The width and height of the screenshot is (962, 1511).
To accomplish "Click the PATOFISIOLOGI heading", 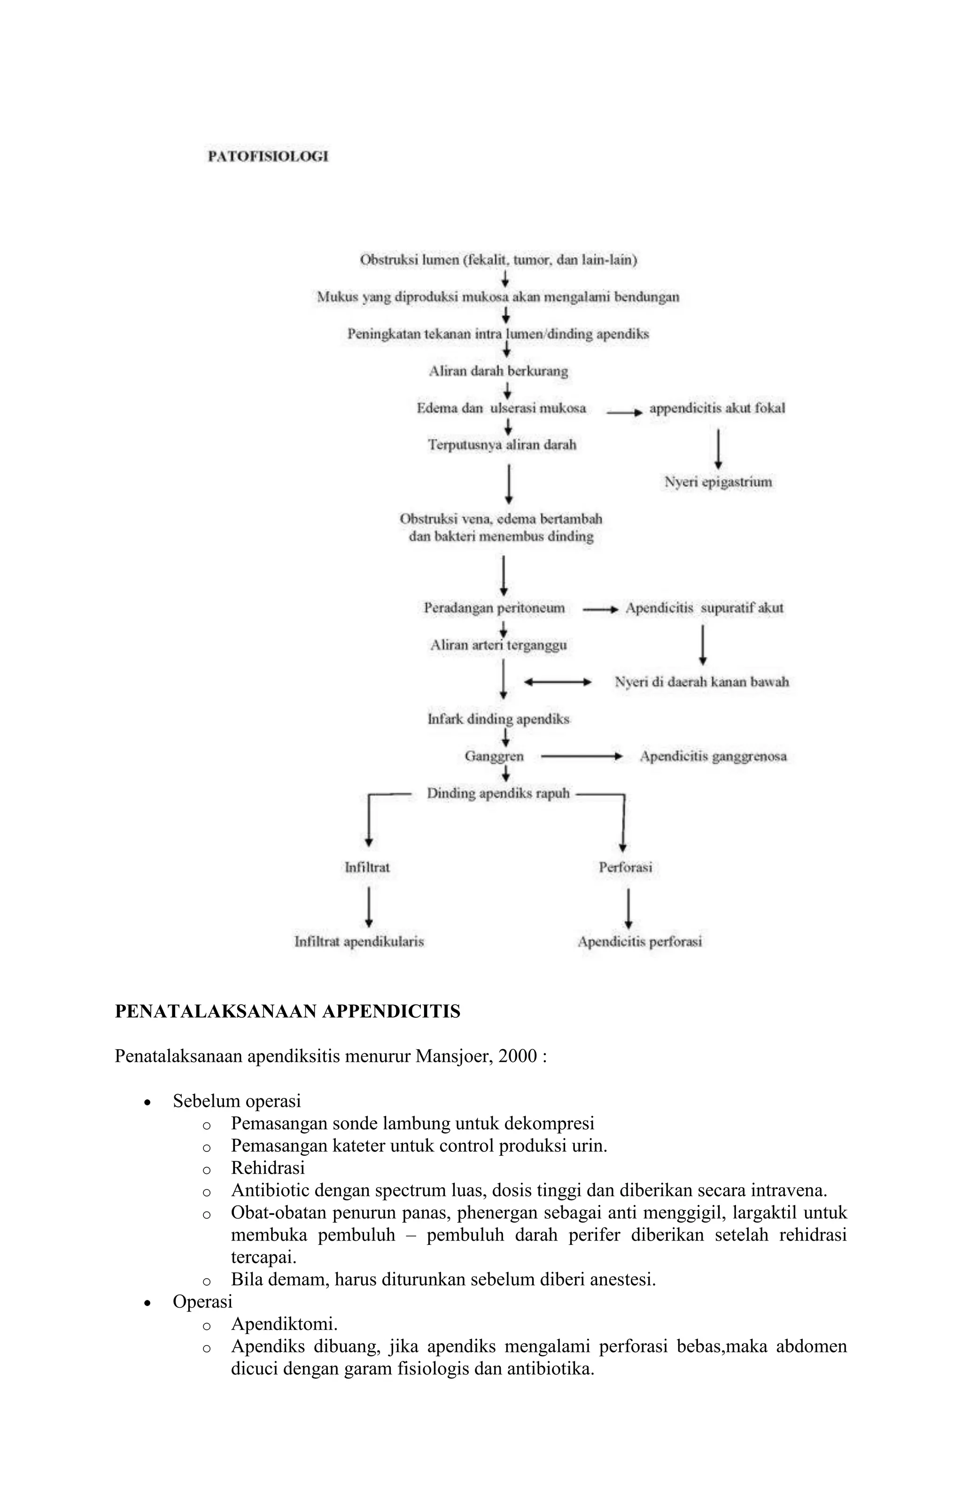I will [x=268, y=157].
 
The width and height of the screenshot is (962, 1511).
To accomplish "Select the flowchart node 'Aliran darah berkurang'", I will [x=498, y=371].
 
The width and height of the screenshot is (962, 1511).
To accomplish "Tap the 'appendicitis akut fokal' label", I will [x=717, y=408].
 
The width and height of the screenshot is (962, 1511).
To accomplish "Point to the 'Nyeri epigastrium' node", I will [x=718, y=482].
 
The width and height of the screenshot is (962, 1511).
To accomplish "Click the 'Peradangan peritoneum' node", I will [x=494, y=608].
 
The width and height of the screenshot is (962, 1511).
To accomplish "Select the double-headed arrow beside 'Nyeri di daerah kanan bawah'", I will [x=558, y=682].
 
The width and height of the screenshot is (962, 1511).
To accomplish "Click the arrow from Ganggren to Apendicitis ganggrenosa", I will [x=581, y=757].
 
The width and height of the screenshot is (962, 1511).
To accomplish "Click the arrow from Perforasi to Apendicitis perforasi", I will [x=628, y=907].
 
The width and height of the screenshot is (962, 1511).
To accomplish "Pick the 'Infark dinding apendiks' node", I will [x=498, y=719].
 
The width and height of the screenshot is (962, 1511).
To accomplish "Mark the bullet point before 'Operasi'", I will [x=147, y=1303].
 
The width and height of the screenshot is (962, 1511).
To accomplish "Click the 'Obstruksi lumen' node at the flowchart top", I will [x=498, y=260].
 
